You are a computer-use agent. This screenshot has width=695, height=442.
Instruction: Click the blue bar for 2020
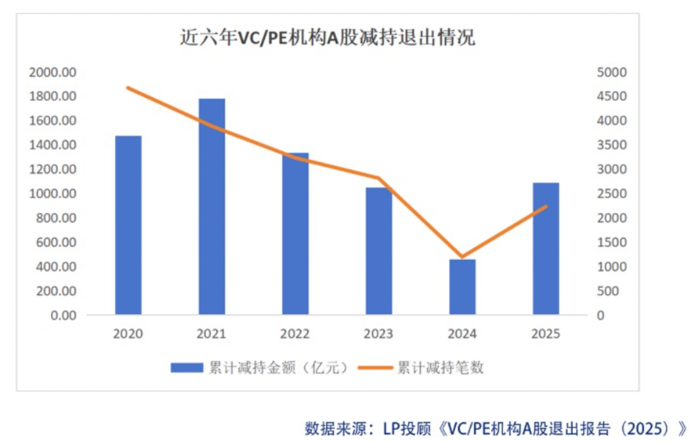(x=128, y=225)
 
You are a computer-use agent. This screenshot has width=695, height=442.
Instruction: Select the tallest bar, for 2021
(x=212, y=207)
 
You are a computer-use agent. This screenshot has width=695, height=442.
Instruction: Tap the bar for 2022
(x=295, y=234)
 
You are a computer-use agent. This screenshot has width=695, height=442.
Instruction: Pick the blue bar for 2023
(x=378, y=251)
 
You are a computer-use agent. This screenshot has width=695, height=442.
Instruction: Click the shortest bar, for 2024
(x=463, y=287)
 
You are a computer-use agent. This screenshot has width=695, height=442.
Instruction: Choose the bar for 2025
(x=546, y=248)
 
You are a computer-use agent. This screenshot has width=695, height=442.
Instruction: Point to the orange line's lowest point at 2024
(x=463, y=257)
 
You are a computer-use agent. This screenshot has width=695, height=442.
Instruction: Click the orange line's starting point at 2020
(x=128, y=88)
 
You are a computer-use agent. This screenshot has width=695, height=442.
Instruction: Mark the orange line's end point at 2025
(x=546, y=207)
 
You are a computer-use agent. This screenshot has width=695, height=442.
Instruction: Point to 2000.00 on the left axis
(x=52, y=72)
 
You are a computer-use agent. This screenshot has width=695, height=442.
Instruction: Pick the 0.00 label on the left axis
(x=63, y=315)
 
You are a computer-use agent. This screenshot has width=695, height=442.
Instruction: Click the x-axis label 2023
(x=378, y=334)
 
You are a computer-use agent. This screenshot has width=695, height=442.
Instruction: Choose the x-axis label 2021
(x=212, y=334)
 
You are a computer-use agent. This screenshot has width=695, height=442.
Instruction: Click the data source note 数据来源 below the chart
(x=495, y=427)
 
